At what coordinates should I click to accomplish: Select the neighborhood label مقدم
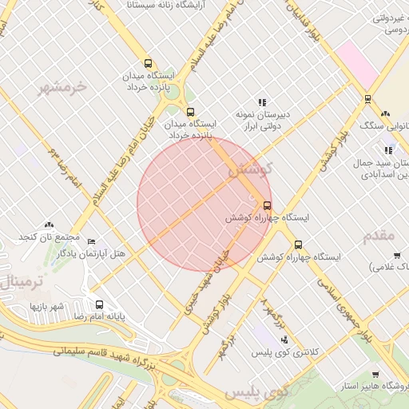click(379, 236)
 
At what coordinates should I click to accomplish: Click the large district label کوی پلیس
click(256, 393)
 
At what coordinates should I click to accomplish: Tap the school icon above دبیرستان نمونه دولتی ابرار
click(261, 102)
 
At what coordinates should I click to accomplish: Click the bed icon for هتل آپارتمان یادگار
click(91, 241)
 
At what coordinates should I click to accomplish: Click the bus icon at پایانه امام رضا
click(100, 304)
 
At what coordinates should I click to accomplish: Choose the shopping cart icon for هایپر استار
click(376, 375)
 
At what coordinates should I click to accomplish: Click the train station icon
click(367, 99)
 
